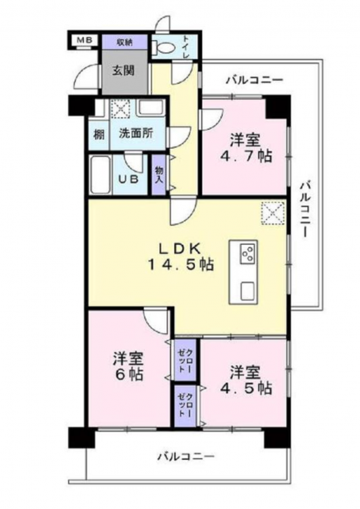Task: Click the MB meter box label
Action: pyautogui.click(x=84, y=40)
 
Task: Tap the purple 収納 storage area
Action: pyautogui.click(x=125, y=42)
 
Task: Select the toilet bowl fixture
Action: pyautogui.click(x=164, y=48)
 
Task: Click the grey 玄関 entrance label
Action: pyautogui.click(x=123, y=71)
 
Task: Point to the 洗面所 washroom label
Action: pyautogui.click(x=136, y=134)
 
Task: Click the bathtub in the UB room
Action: pyautogui.click(x=100, y=174)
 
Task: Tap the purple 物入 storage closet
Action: pyautogui.click(x=159, y=174)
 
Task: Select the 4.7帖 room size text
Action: pyautogui.click(x=246, y=157)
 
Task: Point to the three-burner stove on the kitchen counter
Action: pyautogui.click(x=247, y=254)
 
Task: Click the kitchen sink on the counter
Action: pyautogui.click(x=248, y=292)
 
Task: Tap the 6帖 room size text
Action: pyautogui.click(x=129, y=375)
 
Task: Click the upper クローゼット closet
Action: pyautogui.click(x=185, y=360)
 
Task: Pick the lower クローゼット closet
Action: pyautogui.click(x=185, y=406)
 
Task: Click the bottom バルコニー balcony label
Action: pyautogui.click(x=186, y=457)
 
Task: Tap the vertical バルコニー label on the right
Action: pyautogui.click(x=304, y=209)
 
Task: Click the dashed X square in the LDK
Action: pyautogui.click(x=273, y=213)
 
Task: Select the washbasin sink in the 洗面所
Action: pyautogui.click(x=150, y=107)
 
